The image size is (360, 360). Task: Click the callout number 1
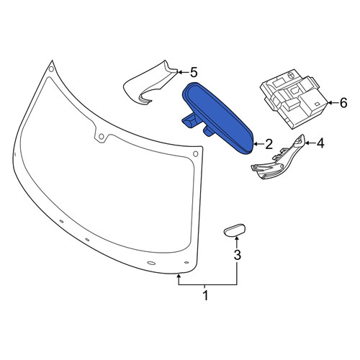click(x=205, y=295)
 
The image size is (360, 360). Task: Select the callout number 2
click(x=269, y=144)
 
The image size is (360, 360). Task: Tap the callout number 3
click(x=237, y=255)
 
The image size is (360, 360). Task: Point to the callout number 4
click(x=320, y=143)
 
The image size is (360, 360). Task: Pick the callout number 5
click(x=194, y=72)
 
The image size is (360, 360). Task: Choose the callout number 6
click(x=343, y=103)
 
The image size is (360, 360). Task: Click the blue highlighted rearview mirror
click(x=218, y=117)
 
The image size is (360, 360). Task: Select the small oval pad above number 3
click(x=235, y=230)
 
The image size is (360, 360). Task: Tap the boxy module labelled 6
click(x=294, y=99)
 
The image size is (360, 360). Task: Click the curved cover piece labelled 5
click(x=149, y=84)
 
